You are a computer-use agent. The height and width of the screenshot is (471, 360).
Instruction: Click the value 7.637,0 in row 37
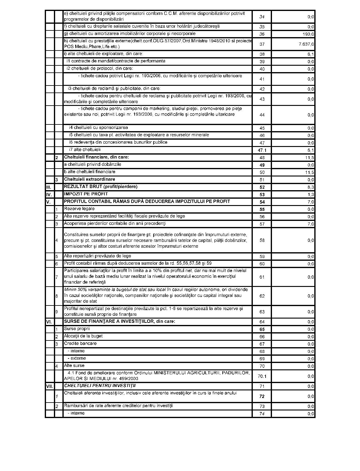click(306, 44)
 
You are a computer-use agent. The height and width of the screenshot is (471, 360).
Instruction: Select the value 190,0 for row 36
click(309, 34)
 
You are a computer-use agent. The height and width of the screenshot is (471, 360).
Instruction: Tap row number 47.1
click(262, 150)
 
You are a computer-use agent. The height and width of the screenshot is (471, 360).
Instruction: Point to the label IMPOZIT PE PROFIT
click(86, 194)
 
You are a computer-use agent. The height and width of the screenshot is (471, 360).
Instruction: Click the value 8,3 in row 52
click(311, 187)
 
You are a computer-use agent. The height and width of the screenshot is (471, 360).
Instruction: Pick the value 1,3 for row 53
click(311, 194)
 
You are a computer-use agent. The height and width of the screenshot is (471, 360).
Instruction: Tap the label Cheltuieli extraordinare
click(90, 179)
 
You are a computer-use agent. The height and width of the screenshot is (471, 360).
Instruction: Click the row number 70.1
click(262, 376)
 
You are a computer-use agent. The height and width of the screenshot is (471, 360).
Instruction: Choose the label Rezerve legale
click(79, 209)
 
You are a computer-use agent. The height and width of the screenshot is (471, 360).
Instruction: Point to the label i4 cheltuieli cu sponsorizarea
click(98, 127)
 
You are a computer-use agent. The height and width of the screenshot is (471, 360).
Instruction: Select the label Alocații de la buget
click(83, 336)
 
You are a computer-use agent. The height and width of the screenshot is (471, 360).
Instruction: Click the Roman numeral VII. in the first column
click(49, 386)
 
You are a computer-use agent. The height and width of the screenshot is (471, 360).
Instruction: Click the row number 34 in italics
click(262, 17)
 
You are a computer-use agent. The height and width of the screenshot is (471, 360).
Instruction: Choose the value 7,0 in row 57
click(311, 224)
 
